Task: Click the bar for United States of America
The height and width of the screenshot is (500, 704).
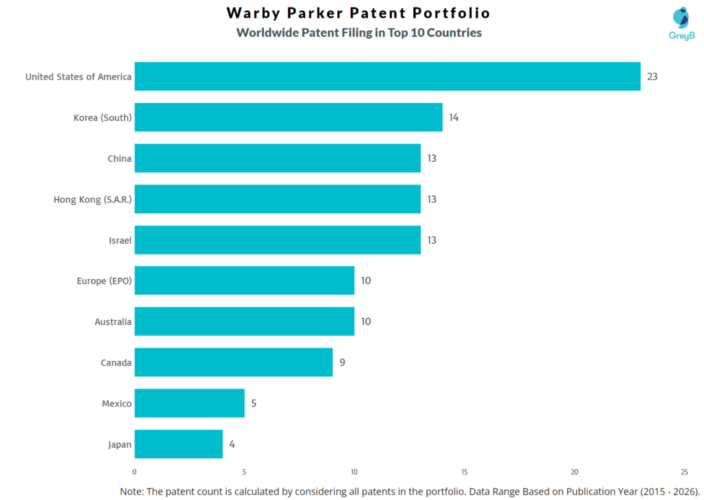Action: [387, 76]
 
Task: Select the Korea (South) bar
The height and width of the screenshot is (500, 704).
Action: [288, 117]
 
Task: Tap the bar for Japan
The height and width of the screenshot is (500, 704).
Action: [178, 444]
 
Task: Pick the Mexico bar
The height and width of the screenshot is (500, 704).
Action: [189, 403]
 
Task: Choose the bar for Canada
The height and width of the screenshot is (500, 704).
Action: [233, 362]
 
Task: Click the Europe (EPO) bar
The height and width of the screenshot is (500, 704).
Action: [244, 281]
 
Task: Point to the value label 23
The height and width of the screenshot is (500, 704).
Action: [652, 76]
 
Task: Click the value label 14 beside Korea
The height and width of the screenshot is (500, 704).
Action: [454, 118]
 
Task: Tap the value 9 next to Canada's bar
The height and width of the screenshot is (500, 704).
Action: [342, 362]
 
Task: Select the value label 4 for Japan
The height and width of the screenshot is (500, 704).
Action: [232, 444]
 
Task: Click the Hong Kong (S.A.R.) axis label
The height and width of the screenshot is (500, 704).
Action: [92, 199]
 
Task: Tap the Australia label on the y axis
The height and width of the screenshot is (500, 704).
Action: [113, 322]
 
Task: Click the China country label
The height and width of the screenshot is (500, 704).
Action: [119, 158]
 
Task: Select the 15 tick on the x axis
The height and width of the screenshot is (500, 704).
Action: [464, 472]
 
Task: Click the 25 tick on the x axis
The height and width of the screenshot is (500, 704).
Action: [684, 472]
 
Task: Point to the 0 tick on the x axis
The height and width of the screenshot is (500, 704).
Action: [134, 472]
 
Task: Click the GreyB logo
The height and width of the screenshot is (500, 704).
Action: [681, 24]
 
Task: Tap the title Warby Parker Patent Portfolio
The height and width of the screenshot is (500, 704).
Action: [358, 13]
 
